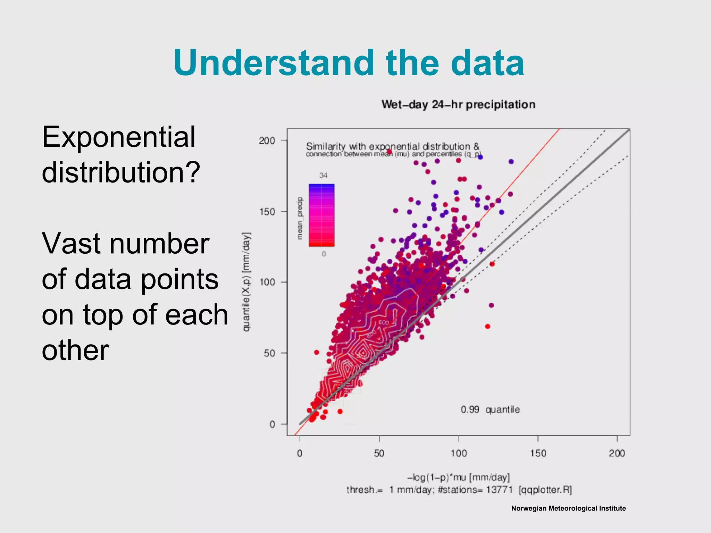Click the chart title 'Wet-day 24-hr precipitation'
click(x=458, y=104)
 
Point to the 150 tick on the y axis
click(x=267, y=212)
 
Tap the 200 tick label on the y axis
click(x=267, y=141)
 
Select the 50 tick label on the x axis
click(x=379, y=453)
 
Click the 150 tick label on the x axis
click(x=538, y=453)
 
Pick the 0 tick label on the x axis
click(x=300, y=453)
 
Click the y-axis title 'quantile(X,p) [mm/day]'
click(x=246, y=282)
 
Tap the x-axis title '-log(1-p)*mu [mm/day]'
click(x=458, y=477)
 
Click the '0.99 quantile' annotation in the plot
click(x=490, y=409)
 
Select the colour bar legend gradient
click(x=321, y=215)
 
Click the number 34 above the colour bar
click(x=323, y=175)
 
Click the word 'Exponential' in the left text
click(x=119, y=137)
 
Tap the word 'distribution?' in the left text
click(x=121, y=172)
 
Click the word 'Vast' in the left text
click(x=72, y=244)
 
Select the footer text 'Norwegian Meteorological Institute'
click(x=568, y=508)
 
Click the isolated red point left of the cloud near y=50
click(x=317, y=352)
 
